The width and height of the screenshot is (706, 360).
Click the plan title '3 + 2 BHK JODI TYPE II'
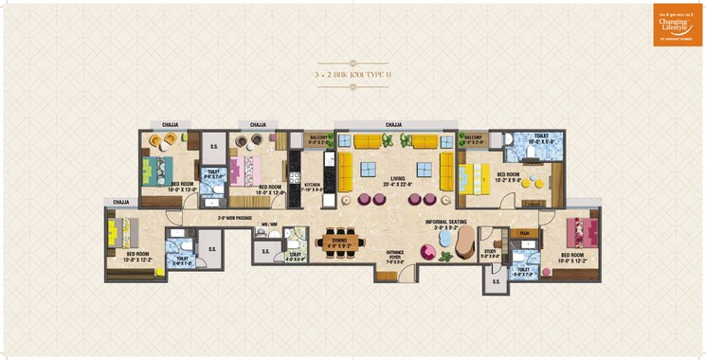pos(353,73)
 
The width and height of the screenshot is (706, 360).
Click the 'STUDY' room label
pos(489,254)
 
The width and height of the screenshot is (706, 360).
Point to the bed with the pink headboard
pos(244,173)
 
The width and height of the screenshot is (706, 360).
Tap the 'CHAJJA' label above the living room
pos(393,125)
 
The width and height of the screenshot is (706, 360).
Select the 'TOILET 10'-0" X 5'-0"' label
pos(540,140)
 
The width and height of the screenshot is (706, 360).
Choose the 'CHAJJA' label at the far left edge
pos(120,202)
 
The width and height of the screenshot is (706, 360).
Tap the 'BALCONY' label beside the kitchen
pos(319,140)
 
